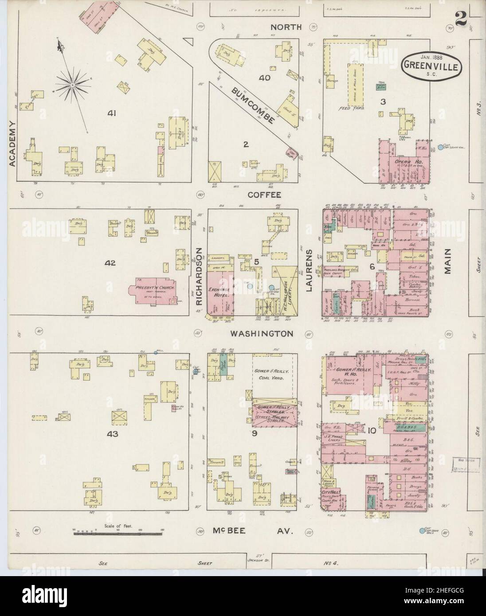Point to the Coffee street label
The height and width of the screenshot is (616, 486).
[264, 195]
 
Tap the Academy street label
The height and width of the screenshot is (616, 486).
[12, 143]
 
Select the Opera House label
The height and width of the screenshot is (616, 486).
[404, 162]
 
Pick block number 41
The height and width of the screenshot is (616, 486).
[111, 113]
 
